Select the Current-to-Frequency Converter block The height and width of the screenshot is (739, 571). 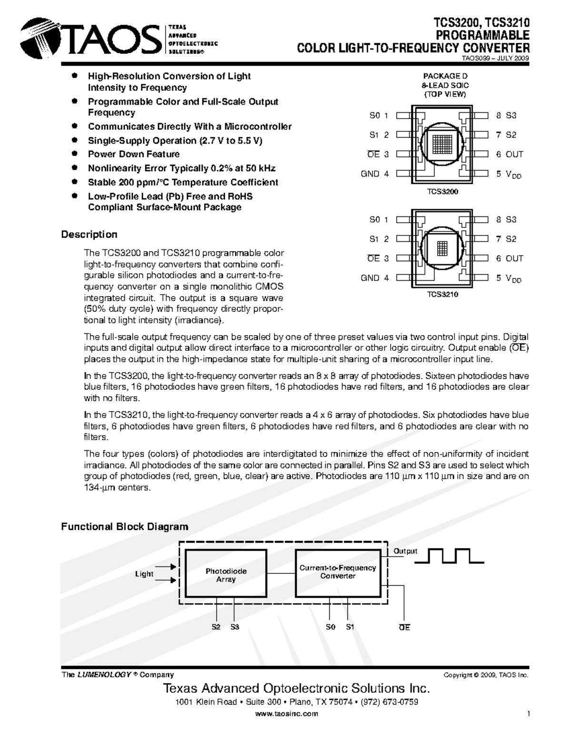[337, 572]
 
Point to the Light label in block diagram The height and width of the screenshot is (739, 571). [144, 574]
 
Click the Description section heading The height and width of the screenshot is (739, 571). [89, 235]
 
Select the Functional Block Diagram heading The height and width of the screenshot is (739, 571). [125, 527]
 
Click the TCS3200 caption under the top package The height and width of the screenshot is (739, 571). [442, 191]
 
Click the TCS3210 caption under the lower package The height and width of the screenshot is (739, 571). [442, 295]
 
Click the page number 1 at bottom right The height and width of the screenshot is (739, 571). [529, 714]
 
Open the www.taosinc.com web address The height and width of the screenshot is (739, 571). [286, 714]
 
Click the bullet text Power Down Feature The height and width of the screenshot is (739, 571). [134, 154]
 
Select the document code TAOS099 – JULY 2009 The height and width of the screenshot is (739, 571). [496, 59]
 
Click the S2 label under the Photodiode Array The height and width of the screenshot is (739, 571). [216, 627]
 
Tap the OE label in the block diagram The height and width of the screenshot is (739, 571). [404, 628]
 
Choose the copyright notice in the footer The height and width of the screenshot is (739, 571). [486, 675]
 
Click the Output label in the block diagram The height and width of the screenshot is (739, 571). [405, 551]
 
